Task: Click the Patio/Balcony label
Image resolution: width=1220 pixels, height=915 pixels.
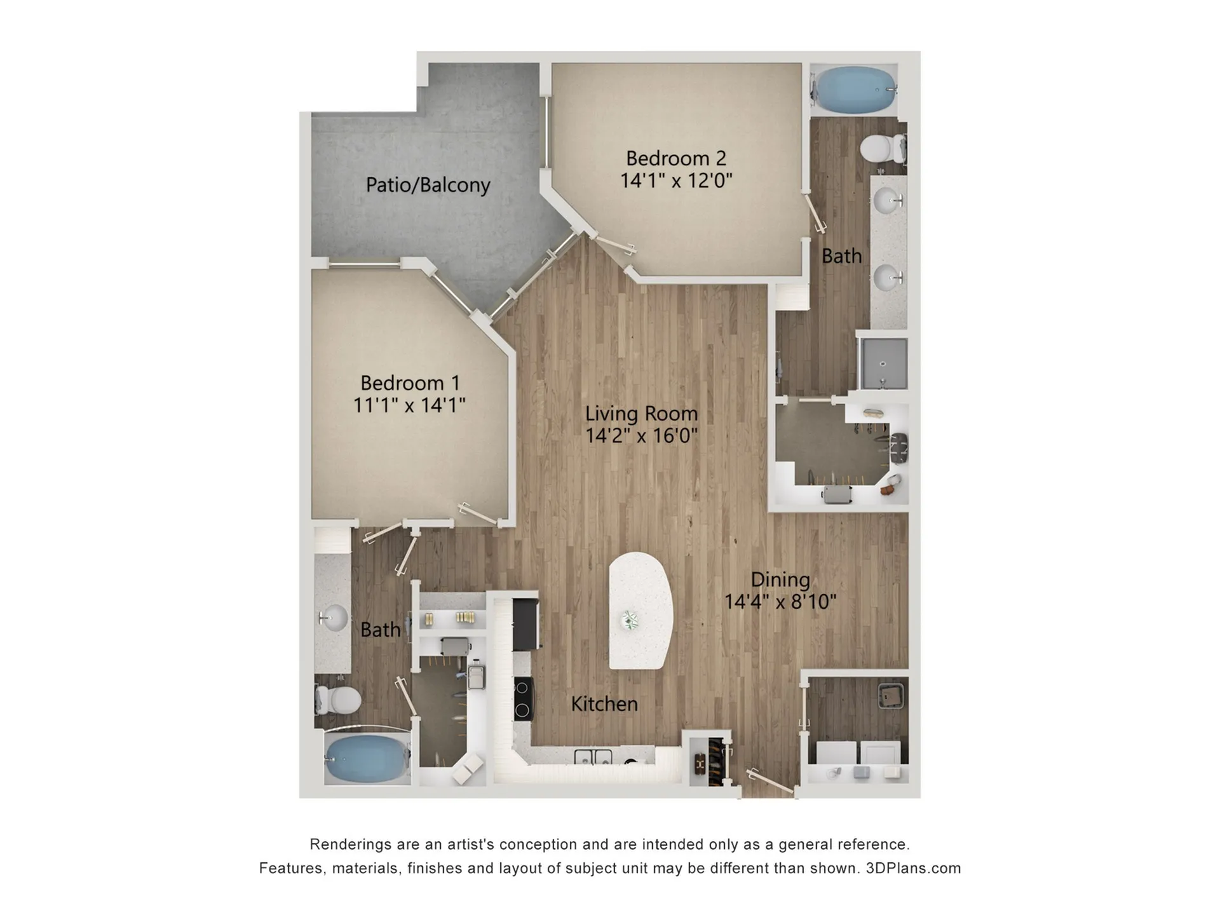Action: [x=428, y=185]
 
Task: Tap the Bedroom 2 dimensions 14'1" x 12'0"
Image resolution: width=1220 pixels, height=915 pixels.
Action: [x=676, y=180]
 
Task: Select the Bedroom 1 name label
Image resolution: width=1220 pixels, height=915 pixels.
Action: [x=410, y=383]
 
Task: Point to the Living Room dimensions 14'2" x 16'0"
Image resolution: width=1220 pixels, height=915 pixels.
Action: [x=642, y=435]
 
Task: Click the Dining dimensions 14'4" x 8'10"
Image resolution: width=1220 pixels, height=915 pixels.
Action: [x=780, y=601]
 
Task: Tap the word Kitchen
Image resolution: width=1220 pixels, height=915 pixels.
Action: [x=604, y=703]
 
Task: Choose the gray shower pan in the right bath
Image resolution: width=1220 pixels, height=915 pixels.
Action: [x=883, y=363]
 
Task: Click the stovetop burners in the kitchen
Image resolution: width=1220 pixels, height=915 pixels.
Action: [x=523, y=698]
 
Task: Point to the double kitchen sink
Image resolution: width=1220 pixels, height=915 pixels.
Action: [x=593, y=757]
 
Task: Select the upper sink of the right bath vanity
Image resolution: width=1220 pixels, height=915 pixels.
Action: [x=888, y=201]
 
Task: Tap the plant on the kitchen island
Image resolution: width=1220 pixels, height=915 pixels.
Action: [x=630, y=620]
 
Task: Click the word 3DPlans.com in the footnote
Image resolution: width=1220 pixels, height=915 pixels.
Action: [x=913, y=868]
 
